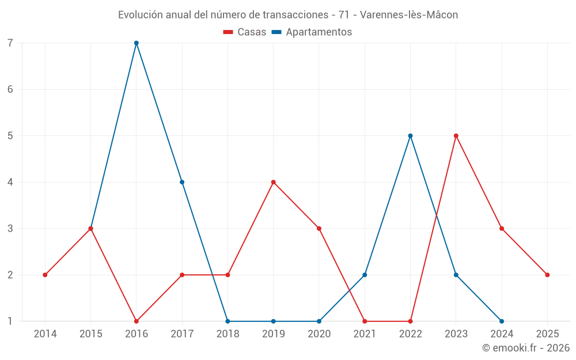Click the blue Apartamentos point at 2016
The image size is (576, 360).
click(x=137, y=43)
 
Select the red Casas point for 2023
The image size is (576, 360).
click(x=456, y=136)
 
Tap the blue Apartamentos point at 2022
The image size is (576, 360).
click(x=411, y=136)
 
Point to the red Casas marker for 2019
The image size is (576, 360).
click(x=274, y=182)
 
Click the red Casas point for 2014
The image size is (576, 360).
click(x=45, y=275)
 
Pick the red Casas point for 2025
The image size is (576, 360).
click(x=547, y=275)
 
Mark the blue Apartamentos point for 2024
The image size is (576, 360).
click(x=502, y=321)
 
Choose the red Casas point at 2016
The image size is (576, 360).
click(x=137, y=321)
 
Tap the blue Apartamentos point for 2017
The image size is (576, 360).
click(x=182, y=182)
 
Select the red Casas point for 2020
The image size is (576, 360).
click(x=319, y=229)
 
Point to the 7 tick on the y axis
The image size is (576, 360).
click(x=10, y=43)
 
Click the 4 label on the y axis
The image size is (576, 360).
click(x=10, y=182)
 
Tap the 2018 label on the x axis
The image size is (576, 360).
click(x=228, y=334)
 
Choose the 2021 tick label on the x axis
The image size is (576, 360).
click(x=365, y=334)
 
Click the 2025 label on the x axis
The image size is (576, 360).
click(x=547, y=334)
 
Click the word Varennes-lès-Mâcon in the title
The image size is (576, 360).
click(x=409, y=15)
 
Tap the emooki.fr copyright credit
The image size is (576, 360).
click(x=526, y=348)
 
